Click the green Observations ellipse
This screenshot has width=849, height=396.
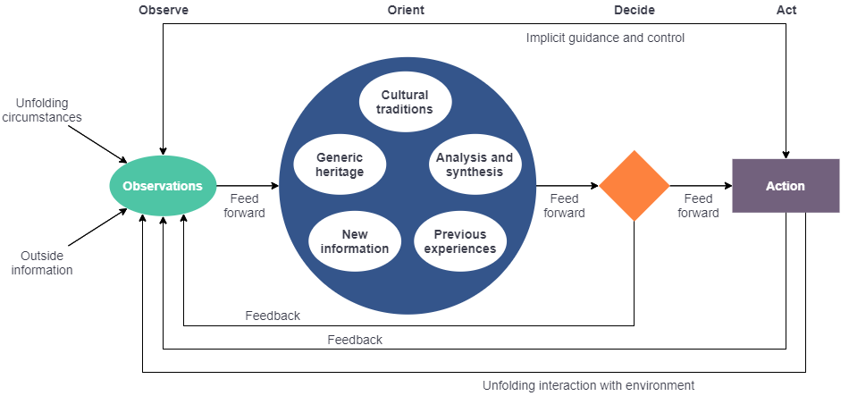pos(163,186)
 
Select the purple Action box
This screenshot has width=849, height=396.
pos(786,186)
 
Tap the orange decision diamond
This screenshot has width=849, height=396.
pos(634,186)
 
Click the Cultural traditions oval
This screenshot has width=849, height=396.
pos(405,102)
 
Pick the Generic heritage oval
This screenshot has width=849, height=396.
pos(340,164)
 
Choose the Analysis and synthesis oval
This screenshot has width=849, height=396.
pos(475,164)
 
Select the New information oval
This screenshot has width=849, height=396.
pos(354,241)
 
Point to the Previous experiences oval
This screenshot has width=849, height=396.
pos(460,241)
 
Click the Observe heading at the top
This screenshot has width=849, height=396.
pos(163,10)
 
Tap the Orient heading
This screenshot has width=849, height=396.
pos(406,10)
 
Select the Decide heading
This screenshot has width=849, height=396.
pos(634,10)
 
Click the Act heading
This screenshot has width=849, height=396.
pos(786,10)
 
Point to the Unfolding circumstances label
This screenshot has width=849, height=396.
pos(41,110)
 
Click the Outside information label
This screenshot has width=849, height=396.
pos(42,263)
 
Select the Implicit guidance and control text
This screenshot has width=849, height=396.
pos(605,38)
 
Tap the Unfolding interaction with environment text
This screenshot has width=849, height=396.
pos(588,385)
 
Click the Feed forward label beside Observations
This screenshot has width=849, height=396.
pos(248,206)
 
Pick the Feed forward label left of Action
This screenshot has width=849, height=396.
pos(698,206)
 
